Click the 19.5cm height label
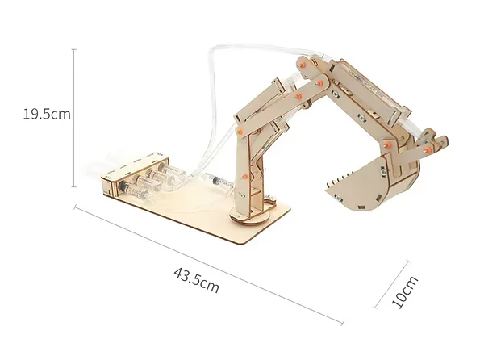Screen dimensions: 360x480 point(47,114)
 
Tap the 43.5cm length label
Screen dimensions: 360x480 point(196,278)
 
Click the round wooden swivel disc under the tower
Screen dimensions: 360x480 point(250,216)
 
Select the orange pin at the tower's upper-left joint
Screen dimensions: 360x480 point(239,129)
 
